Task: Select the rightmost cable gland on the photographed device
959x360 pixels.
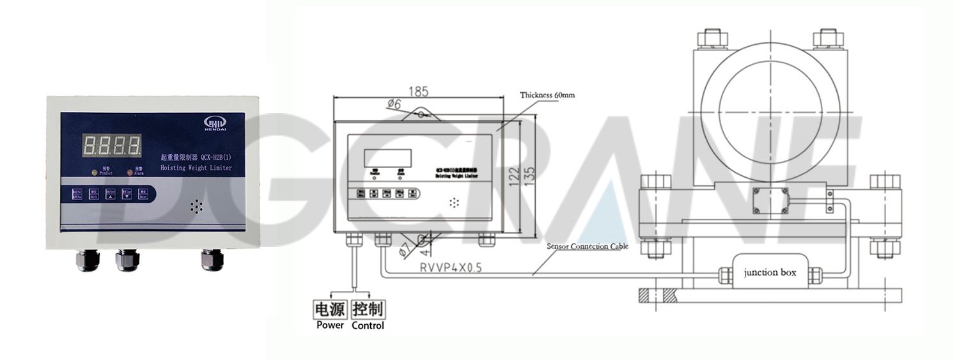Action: [208, 260]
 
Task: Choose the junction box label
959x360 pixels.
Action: [770, 272]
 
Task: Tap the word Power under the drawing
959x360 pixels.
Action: [330, 325]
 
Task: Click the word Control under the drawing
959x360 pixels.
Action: [368, 325]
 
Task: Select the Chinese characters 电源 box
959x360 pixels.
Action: [329, 309]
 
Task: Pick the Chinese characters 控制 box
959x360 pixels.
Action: [368, 309]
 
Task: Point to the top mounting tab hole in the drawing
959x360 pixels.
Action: [420, 115]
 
